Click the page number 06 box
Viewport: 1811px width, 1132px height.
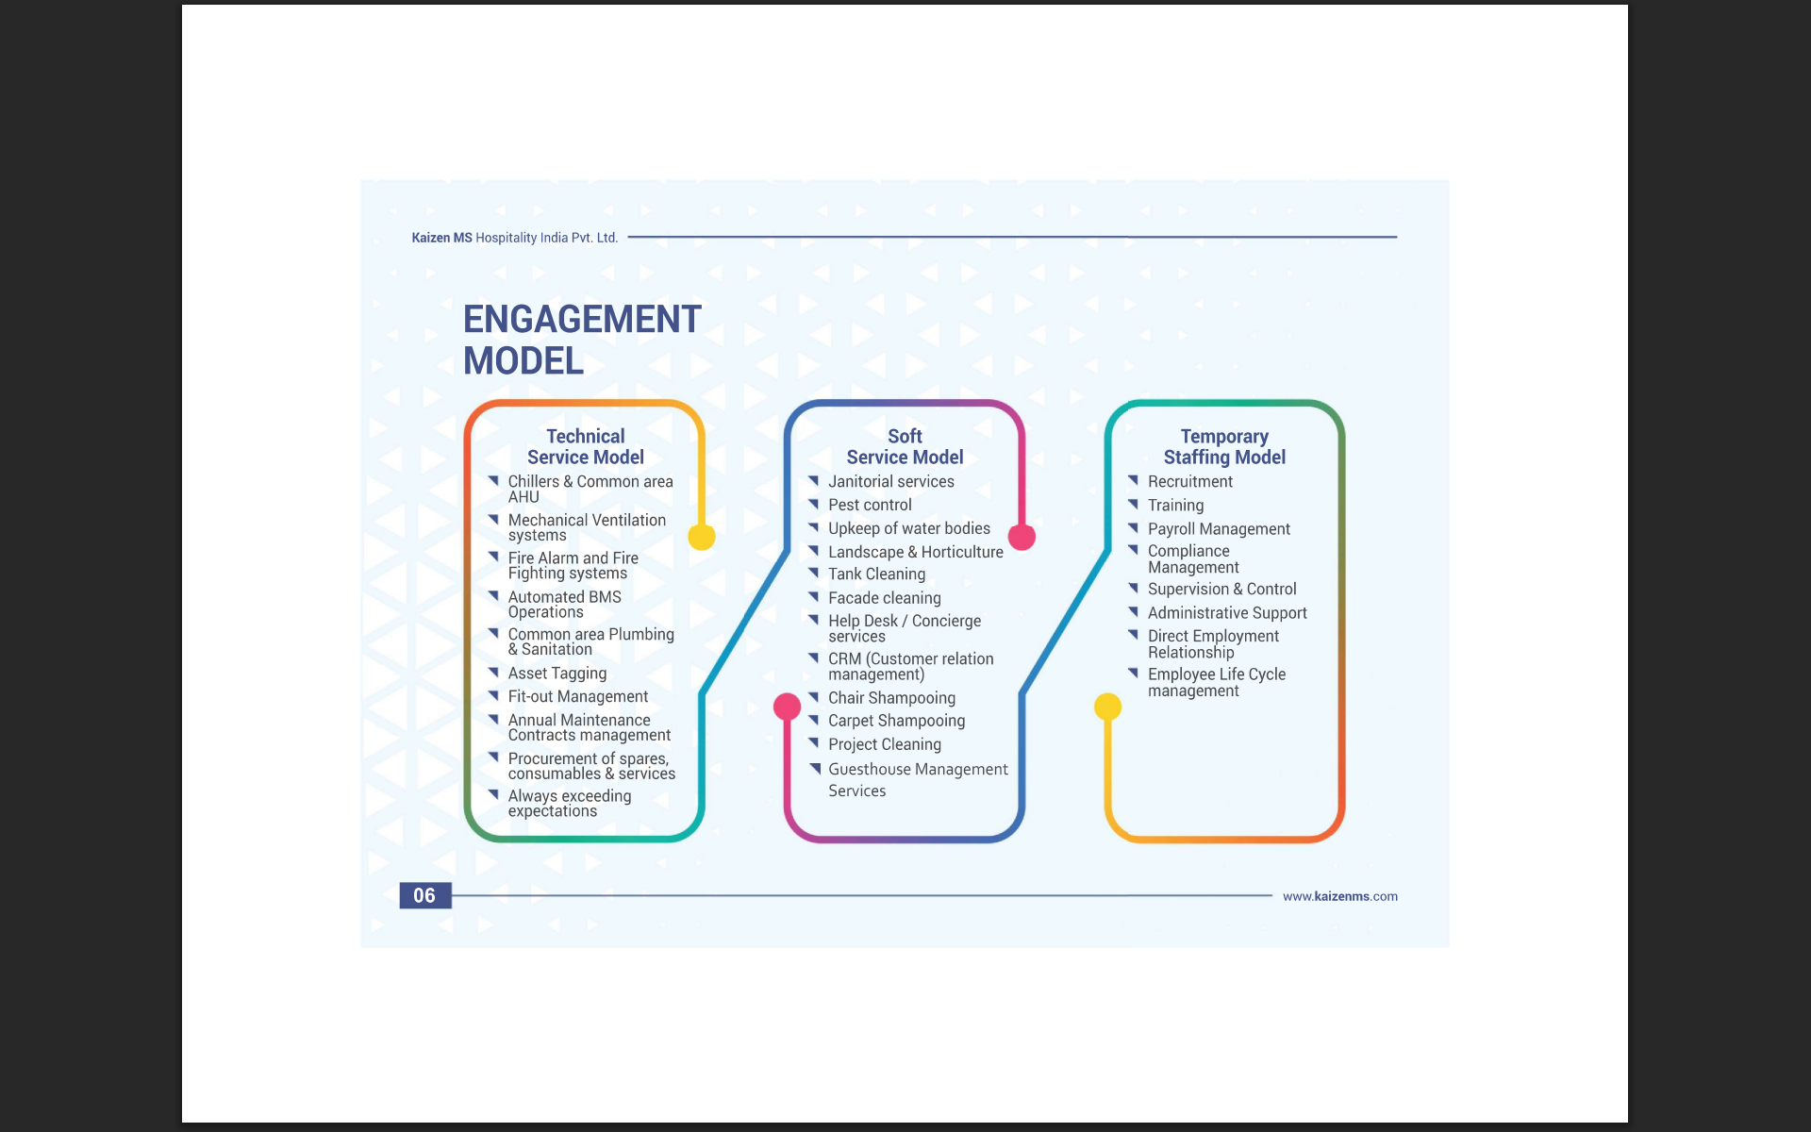424,895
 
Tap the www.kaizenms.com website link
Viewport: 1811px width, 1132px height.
1339,896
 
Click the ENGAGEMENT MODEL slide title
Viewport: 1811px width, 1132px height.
581,340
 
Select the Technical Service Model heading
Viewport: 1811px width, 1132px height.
585,446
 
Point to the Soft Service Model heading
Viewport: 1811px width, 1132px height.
905,446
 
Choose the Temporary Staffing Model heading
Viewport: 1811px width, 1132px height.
1224,446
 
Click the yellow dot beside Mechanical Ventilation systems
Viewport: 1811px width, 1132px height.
701,537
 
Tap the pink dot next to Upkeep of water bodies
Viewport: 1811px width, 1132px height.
1022,537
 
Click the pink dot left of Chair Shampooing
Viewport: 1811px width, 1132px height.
787,706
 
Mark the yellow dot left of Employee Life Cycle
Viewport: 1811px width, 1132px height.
1107,706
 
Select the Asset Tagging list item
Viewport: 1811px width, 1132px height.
557,673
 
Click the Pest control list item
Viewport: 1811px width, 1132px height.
870,505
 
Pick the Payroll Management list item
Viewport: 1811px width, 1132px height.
1219,529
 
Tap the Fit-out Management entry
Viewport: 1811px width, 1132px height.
577,696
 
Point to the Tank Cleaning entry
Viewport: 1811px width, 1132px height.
876,574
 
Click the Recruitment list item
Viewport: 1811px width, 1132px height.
1189,481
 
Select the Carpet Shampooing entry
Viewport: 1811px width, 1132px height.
896,721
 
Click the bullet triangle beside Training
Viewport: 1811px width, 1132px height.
1133,504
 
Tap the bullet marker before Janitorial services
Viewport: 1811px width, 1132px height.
813,480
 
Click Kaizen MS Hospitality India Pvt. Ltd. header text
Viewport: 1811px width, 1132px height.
514,238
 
